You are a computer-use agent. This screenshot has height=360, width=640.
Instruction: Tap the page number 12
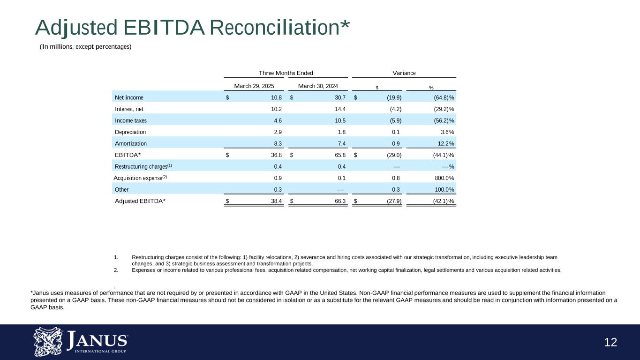(610, 343)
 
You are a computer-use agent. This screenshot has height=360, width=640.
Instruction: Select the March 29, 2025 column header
(254, 86)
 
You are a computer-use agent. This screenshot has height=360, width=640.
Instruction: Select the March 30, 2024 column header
(318, 86)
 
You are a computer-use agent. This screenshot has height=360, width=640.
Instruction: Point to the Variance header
(404, 73)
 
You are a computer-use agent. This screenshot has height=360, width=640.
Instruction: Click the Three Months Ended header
(286, 73)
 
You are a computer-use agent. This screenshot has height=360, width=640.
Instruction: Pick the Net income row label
(129, 97)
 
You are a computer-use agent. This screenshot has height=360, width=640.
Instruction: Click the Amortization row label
(131, 143)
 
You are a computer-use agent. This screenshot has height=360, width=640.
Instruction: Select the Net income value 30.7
(340, 97)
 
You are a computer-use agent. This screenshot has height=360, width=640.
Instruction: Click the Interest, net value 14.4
(340, 109)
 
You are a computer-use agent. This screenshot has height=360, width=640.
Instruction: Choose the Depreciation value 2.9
(278, 132)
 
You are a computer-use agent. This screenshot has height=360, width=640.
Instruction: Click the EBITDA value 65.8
(340, 155)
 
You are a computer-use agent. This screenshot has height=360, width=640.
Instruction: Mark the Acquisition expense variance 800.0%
(443, 178)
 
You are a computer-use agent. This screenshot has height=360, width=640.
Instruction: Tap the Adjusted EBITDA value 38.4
(276, 201)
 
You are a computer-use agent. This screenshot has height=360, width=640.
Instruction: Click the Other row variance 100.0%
(443, 189)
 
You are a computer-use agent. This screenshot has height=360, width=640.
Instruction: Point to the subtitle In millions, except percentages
(85, 46)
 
